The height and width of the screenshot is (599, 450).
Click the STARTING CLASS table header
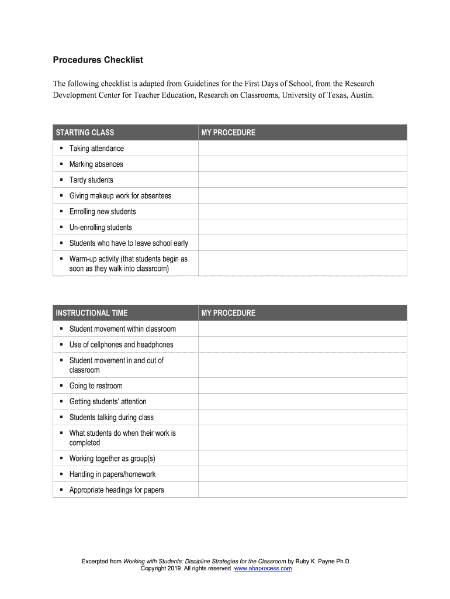click(x=85, y=132)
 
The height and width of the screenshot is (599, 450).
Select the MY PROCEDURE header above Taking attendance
click(x=229, y=132)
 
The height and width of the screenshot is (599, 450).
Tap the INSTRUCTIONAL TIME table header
click(x=92, y=313)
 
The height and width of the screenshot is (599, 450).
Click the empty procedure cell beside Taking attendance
click(x=302, y=149)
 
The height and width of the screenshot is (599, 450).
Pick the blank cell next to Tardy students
click(x=302, y=180)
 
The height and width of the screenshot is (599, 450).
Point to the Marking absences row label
click(x=96, y=164)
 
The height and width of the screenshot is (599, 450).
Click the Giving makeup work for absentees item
click(x=120, y=196)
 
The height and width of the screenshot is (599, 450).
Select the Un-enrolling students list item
click(x=101, y=228)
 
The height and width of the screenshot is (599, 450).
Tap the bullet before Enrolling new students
click(x=61, y=212)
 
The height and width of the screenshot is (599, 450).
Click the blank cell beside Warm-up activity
click(x=302, y=263)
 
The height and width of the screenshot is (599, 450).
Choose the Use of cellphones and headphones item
click(x=121, y=345)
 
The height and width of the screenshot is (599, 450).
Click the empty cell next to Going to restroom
click(x=302, y=386)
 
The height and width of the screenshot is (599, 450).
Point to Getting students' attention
click(x=108, y=402)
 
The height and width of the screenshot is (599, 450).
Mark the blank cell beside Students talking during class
click(x=302, y=418)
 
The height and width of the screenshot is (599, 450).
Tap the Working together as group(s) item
click(x=112, y=459)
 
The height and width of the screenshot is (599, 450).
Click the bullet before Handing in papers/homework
click(x=61, y=474)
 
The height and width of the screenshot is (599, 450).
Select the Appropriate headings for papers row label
click(x=116, y=490)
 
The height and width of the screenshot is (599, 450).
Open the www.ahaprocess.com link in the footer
click(x=263, y=569)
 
